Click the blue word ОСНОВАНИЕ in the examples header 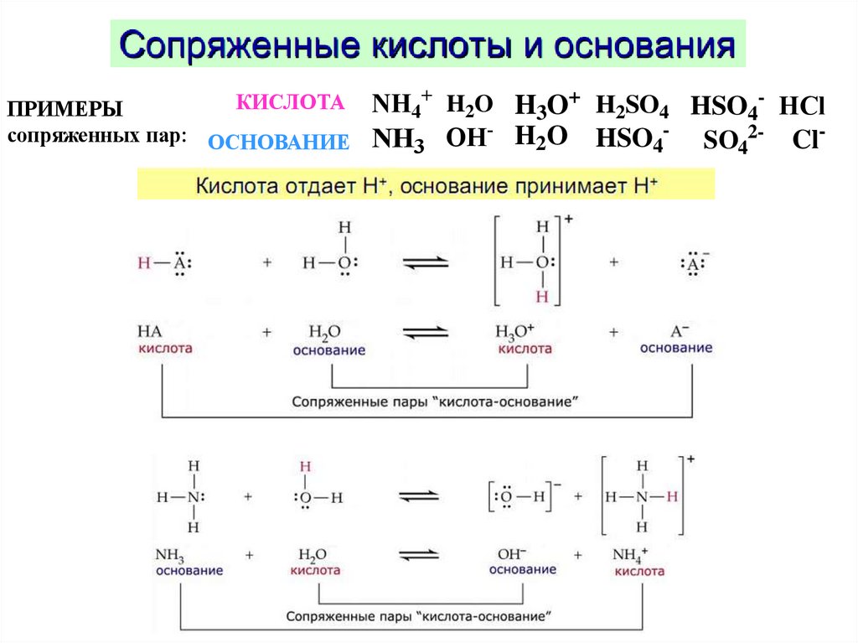(278, 143)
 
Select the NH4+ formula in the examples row (401, 106)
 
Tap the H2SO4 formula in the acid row (632, 106)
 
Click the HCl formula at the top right (802, 106)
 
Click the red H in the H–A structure (144, 263)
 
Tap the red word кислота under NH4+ (639, 571)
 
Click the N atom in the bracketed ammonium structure (642, 497)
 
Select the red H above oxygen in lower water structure (306, 466)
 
